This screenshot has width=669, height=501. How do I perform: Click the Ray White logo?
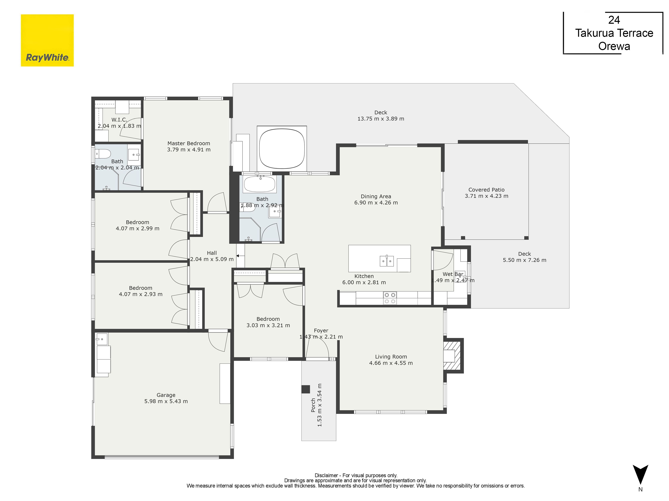click(47, 40)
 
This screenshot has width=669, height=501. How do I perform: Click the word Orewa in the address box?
click(614, 46)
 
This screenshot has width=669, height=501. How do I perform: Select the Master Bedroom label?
click(188, 143)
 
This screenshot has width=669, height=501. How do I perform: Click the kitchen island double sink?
click(387, 261)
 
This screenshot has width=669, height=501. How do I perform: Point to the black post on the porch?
click(305, 389)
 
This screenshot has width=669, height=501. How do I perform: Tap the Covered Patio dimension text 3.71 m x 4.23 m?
click(486, 196)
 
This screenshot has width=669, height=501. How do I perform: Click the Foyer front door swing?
click(318, 350)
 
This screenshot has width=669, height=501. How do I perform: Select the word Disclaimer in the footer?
click(326, 475)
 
